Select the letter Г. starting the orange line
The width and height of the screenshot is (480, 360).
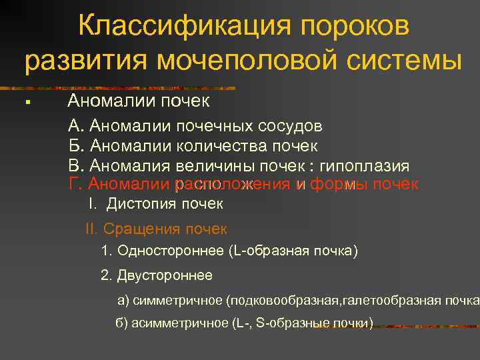tap(75, 184)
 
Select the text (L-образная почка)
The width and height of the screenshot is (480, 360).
tap(293, 251)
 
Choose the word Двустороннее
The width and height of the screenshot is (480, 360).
tap(165, 275)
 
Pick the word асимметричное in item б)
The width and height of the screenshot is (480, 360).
tap(180, 323)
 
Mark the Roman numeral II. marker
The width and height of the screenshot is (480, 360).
tap(92, 229)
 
